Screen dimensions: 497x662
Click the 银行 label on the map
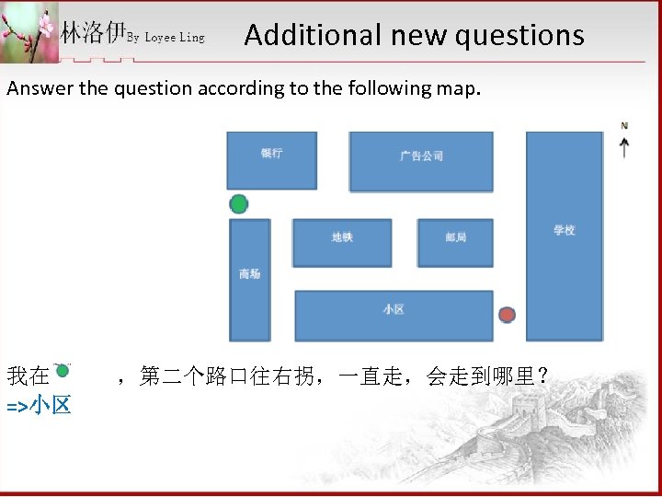click(x=271, y=153)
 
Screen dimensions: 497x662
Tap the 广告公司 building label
click(x=421, y=156)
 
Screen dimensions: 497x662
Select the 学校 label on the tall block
click(x=564, y=230)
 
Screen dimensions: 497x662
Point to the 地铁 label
click(x=342, y=237)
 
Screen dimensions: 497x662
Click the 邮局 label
click(x=455, y=237)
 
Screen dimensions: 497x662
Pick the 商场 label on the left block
click(x=249, y=273)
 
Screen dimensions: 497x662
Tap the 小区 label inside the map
click(x=394, y=309)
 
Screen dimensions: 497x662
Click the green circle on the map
click(x=239, y=203)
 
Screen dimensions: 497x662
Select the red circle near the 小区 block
click(x=507, y=315)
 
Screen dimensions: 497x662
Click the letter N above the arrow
click(x=625, y=125)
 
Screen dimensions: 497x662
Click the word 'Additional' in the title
click(x=300, y=35)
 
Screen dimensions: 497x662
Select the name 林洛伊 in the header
click(x=92, y=33)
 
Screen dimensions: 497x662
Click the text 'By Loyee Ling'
click(x=166, y=38)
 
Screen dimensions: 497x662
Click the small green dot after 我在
click(x=63, y=370)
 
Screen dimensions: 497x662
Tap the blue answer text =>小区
click(x=39, y=405)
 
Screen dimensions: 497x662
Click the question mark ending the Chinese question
click(x=544, y=376)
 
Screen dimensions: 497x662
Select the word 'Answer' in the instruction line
click(x=35, y=88)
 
